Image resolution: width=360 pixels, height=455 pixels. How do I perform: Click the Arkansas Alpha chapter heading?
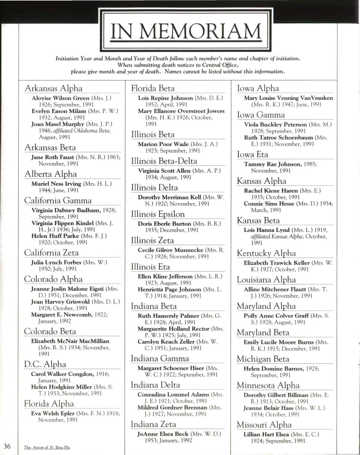(54, 88)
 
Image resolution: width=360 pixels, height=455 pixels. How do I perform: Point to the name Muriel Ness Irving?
(56, 184)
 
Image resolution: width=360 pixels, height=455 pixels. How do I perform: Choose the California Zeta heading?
(51, 253)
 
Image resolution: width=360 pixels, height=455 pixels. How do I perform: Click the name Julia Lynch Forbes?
(56, 262)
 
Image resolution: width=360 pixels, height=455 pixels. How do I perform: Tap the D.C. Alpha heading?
(45, 364)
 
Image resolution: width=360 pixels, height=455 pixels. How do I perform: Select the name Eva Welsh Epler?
(53, 413)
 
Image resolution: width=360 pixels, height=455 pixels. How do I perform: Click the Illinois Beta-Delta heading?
(164, 161)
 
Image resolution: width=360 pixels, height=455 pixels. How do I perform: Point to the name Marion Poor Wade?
(163, 144)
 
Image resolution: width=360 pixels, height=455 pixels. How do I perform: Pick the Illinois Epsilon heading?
(158, 214)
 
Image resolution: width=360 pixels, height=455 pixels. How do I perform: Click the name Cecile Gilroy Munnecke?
(170, 250)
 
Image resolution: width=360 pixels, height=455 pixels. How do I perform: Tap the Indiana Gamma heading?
(160, 359)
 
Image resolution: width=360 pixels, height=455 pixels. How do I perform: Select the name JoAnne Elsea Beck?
(163, 434)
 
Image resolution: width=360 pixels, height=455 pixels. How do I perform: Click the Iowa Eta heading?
(252, 155)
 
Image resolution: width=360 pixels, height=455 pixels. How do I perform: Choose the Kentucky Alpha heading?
(266, 253)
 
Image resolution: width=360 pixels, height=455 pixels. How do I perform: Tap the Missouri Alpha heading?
(264, 425)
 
